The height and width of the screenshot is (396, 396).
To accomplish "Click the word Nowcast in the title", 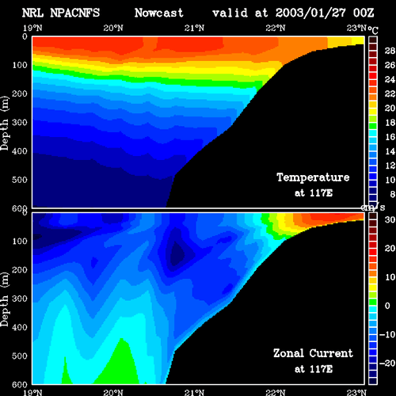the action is [x=159, y=13].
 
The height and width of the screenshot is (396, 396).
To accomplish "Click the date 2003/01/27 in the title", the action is [x=310, y=13].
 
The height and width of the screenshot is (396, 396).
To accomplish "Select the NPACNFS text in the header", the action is [x=75, y=13].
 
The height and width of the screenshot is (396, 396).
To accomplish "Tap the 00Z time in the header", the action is [x=364, y=13].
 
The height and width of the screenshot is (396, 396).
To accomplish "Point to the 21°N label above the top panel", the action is [x=194, y=28].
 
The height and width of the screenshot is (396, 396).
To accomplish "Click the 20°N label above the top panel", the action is [x=113, y=28].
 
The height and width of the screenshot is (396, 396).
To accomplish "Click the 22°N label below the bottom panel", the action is [x=276, y=392].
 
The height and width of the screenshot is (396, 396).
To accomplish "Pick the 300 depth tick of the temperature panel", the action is [x=20, y=123].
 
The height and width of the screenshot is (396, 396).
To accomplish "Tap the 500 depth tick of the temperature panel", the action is [x=20, y=180].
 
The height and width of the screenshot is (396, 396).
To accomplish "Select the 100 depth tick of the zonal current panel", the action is [x=20, y=241].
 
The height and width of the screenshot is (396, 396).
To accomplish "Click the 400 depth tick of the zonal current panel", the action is [x=20, y=327].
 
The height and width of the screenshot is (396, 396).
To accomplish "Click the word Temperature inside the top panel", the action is [x=313, y=177].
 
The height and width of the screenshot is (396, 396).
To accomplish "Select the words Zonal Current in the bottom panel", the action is [x=313, y=353].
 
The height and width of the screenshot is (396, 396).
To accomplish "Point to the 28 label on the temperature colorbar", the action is [x=390, y=51].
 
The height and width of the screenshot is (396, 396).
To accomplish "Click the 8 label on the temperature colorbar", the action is [x=393, y=194].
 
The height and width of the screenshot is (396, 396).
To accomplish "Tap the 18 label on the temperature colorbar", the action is [x=390, y=123].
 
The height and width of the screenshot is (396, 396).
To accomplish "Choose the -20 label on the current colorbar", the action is [x=387, y=364].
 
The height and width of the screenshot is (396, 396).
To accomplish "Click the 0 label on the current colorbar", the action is [x=387, y=306].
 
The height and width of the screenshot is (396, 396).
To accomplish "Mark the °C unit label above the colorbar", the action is [x=373, y=30].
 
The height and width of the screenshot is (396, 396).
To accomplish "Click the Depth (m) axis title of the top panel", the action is [x=5, y=124].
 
